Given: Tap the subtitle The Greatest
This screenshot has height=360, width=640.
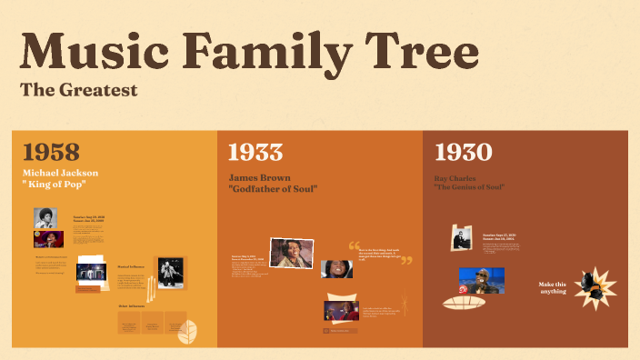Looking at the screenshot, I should pos(78,90).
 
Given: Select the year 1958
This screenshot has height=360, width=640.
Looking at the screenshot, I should pos(51,152).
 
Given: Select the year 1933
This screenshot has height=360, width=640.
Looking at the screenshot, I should pos(255,152).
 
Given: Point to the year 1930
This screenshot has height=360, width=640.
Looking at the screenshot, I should pos(463,152).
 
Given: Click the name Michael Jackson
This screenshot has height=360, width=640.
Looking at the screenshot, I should pos(61,173).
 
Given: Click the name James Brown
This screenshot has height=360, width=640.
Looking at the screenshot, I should pos(260,178).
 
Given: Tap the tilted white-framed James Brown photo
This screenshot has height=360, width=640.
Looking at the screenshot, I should pos(291,254).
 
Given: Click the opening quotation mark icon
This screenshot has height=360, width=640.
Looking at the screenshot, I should pos(354,245).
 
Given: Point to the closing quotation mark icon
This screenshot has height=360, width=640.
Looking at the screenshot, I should pos(406,261).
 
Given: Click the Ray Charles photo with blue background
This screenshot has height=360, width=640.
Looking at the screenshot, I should pos(482,279).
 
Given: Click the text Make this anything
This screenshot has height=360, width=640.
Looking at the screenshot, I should pos(553,287).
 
